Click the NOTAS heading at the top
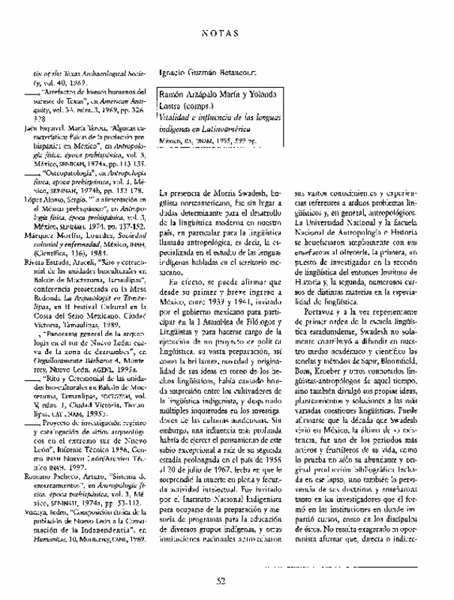pos(227,34)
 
